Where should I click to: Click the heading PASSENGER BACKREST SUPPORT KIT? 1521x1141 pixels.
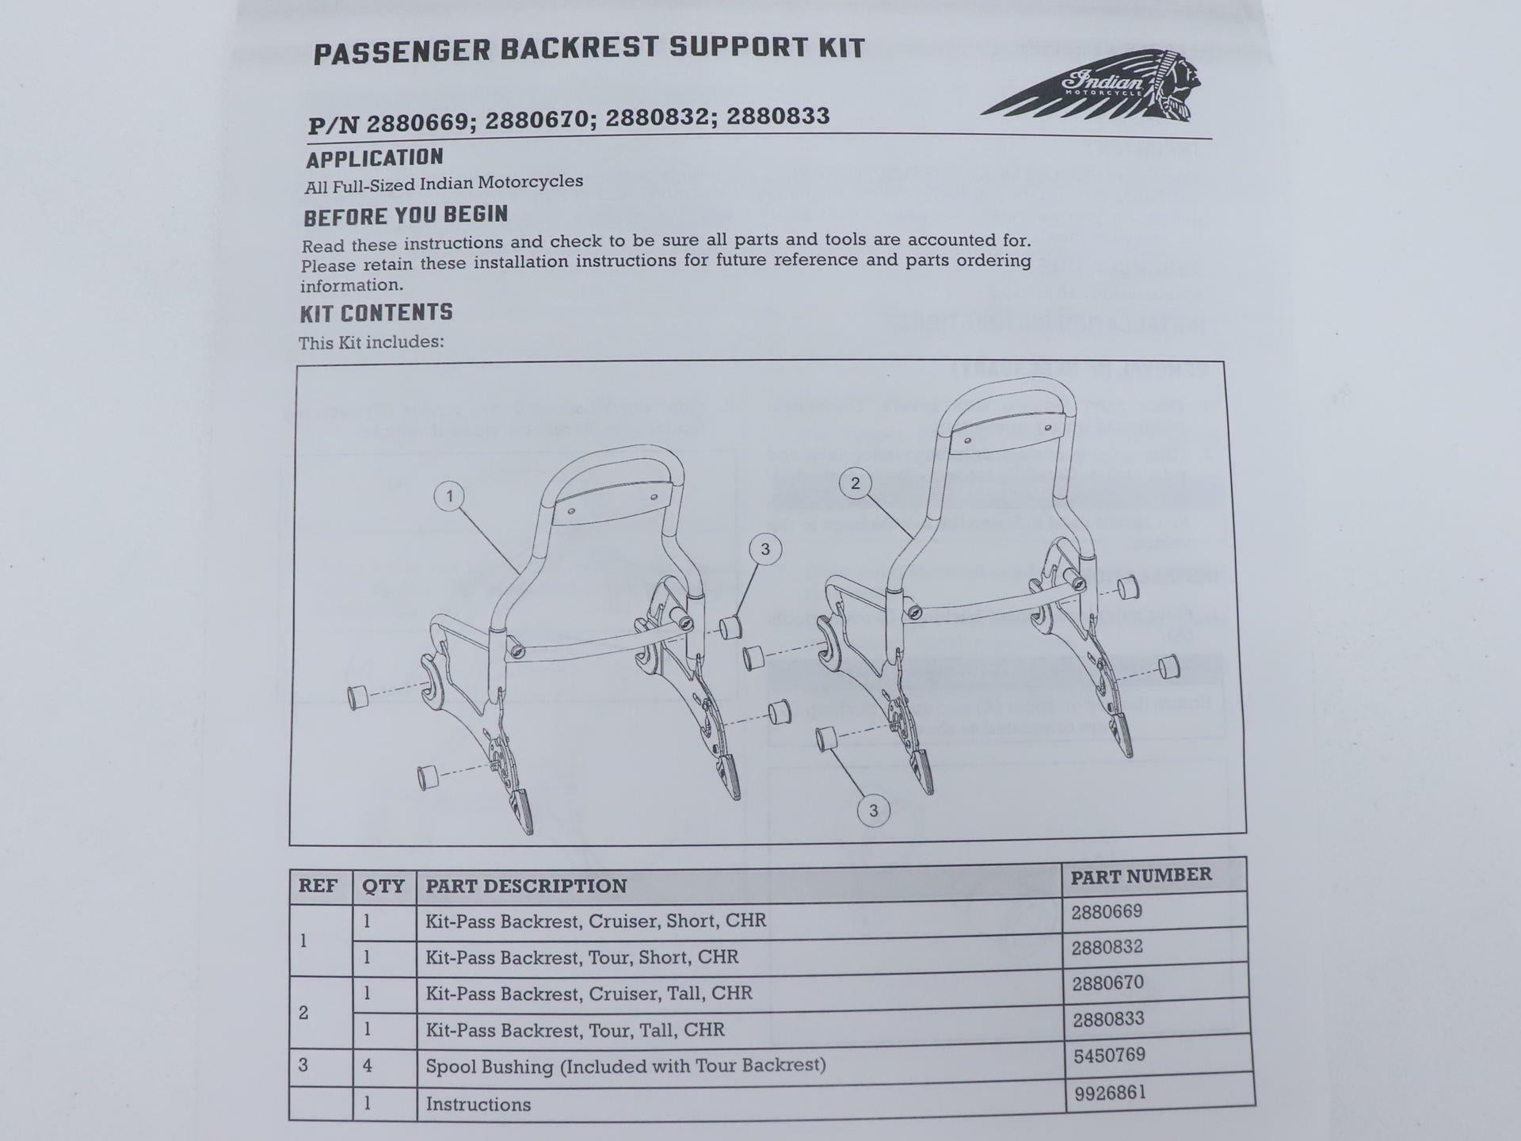589,50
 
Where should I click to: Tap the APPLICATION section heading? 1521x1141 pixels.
375,158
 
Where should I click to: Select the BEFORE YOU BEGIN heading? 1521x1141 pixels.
406,216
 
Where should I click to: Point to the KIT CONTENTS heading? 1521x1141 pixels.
376,313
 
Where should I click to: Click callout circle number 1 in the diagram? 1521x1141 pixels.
450,497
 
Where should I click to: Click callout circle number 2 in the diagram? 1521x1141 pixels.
855,483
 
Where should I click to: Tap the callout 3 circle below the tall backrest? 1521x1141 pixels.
873,811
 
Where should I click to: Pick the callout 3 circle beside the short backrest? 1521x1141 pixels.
764,549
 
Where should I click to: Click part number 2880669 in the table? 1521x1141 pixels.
1107,912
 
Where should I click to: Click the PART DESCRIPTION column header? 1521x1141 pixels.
526,886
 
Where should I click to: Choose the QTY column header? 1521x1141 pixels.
383,886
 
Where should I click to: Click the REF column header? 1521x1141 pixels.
318,885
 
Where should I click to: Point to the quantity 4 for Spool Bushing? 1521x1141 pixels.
368,1066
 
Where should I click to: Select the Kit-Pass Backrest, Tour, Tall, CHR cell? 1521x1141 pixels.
575,1030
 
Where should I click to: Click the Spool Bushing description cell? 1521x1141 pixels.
626,1066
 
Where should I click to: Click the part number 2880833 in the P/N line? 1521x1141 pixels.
778,116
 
